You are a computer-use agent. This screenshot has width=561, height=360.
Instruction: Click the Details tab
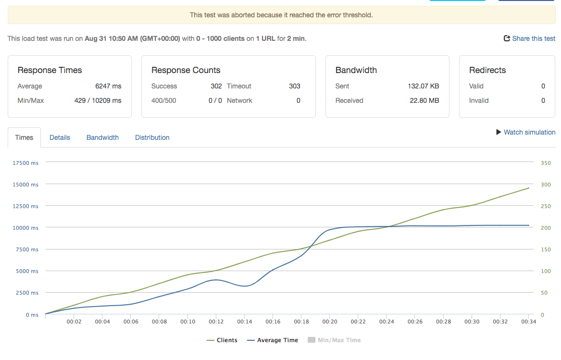pos(60,137)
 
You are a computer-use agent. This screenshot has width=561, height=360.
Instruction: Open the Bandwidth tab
pos(102,137)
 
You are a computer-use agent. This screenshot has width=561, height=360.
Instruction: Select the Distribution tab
pos(152,137)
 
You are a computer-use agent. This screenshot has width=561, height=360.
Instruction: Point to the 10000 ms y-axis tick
pos(25,228)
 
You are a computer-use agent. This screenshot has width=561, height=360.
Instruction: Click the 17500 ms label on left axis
pos(25,163)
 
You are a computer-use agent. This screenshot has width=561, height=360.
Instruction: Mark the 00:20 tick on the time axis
pos(329,322)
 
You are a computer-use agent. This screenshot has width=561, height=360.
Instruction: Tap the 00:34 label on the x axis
pos(528,322)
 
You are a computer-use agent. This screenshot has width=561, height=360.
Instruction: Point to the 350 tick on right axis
pos(546,163)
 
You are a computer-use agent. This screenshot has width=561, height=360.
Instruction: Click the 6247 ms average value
pos(108,86)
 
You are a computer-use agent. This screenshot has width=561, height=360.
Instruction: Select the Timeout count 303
pos(295,86)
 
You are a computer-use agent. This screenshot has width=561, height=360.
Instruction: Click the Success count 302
pos(216,86)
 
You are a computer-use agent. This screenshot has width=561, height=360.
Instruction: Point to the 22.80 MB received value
pos(424,100)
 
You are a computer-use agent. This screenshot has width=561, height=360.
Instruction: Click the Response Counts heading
pos(186,70)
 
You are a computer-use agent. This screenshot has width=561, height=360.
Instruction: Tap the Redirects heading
pos(487,70)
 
